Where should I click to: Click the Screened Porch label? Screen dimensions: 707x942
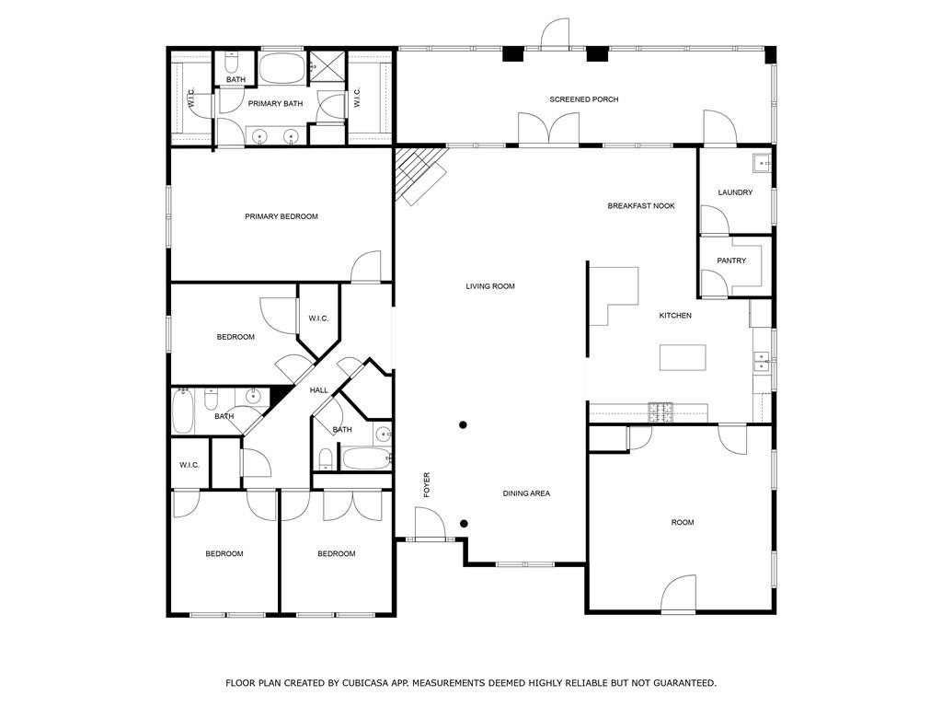583,99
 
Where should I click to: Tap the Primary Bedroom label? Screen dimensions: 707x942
281,216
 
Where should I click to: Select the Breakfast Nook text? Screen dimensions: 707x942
640,206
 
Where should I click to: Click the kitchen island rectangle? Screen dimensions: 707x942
682,357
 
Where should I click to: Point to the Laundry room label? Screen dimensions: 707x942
735,192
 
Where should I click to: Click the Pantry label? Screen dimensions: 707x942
731,261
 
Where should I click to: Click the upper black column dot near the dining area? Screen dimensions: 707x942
464,424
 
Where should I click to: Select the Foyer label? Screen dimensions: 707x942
427,485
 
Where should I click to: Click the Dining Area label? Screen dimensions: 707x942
526,493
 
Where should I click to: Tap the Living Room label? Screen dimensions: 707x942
489,286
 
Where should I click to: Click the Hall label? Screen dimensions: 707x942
318,390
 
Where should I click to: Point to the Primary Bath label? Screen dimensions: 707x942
275,104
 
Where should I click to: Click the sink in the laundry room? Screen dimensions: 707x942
762,163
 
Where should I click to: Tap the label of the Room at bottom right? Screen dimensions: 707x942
682,522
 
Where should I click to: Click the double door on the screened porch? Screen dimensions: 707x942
548,130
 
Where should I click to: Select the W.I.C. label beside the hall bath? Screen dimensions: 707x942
190,465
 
